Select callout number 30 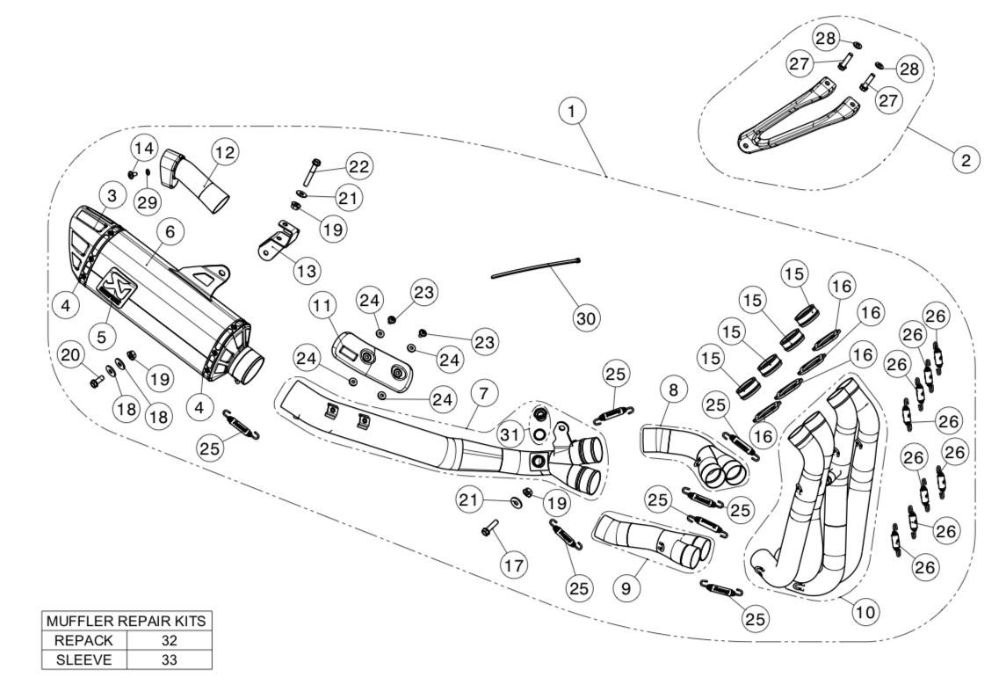click(x=584, y=317)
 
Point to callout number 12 click(x=225, y=152)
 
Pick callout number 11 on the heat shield click(x=322, y=307)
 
